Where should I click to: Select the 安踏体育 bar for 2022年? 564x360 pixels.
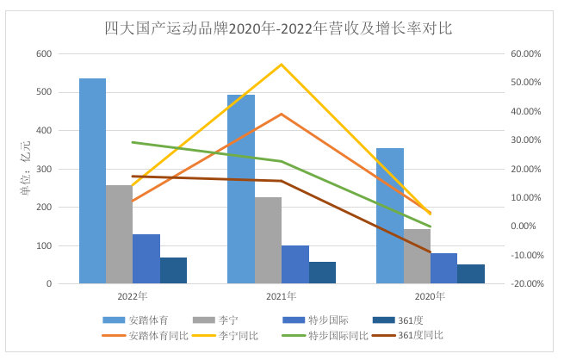(x=92, y=181)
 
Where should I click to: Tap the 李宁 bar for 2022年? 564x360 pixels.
(x=119, y=234)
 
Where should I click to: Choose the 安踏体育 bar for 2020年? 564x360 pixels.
(x=390, y=216)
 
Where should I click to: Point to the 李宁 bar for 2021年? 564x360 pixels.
(x=268, y=240)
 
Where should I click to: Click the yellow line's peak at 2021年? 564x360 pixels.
(x=281, y=65)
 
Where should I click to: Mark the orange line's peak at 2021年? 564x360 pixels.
(x=281, y=114)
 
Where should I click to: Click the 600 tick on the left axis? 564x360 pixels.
(x=43, y=53)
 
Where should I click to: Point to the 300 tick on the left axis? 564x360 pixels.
(x=43, y=169)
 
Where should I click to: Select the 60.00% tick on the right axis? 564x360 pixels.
(x=524, y=53)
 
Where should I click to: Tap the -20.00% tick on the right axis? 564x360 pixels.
(x=524, y=283)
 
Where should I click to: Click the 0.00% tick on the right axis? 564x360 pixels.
(x=526, y=227)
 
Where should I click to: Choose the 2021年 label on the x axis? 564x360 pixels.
(x=281, y=295)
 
